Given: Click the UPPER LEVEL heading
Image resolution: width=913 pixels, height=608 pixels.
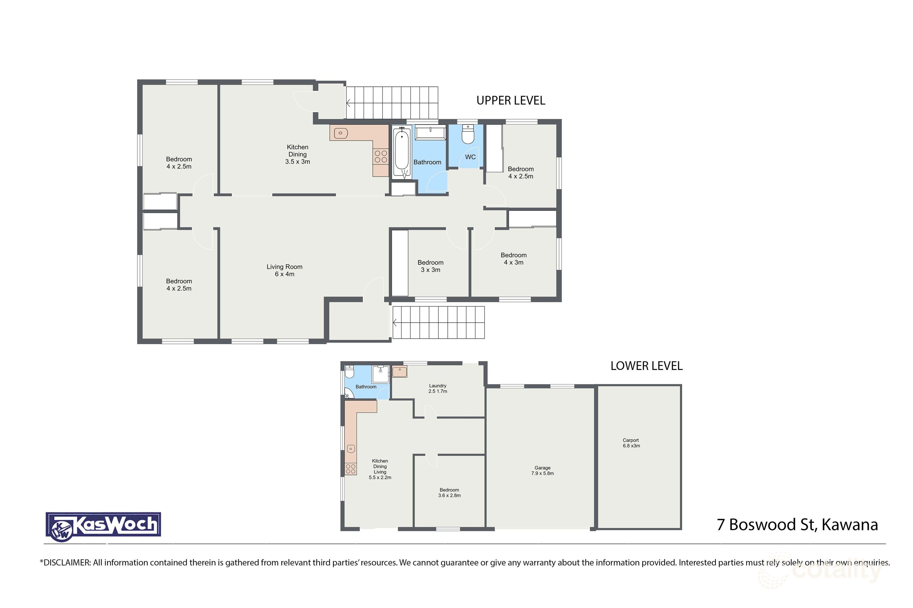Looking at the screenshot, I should [x=510, y=100].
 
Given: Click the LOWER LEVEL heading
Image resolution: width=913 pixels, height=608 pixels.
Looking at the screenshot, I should [x=646, y=366].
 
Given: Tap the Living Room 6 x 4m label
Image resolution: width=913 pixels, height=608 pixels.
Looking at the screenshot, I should [x=284, y=270].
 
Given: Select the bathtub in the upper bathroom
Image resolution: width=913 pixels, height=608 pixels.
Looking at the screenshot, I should [x=401, y=153].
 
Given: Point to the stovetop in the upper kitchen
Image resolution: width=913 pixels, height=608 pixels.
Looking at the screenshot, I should [x=380, y=157].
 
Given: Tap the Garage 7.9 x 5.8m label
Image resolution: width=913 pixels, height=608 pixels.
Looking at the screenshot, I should [x=542, y=470].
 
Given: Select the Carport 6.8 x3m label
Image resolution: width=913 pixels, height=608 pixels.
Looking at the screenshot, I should [x=631, y=443].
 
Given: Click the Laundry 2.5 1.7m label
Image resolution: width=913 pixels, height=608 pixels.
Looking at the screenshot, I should [x=437, y=388].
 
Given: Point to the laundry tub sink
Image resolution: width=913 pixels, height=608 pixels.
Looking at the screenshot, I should [x=399, y=372].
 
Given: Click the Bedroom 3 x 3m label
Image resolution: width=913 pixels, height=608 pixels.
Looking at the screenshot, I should [x=430, y=266].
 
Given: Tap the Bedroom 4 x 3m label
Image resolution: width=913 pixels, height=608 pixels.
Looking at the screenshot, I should [x=513, y=259].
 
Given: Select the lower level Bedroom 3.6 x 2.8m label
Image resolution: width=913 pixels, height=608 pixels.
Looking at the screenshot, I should [x=449, y=492].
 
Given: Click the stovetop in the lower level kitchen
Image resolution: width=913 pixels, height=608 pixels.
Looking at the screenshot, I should [x=351, y=468].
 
